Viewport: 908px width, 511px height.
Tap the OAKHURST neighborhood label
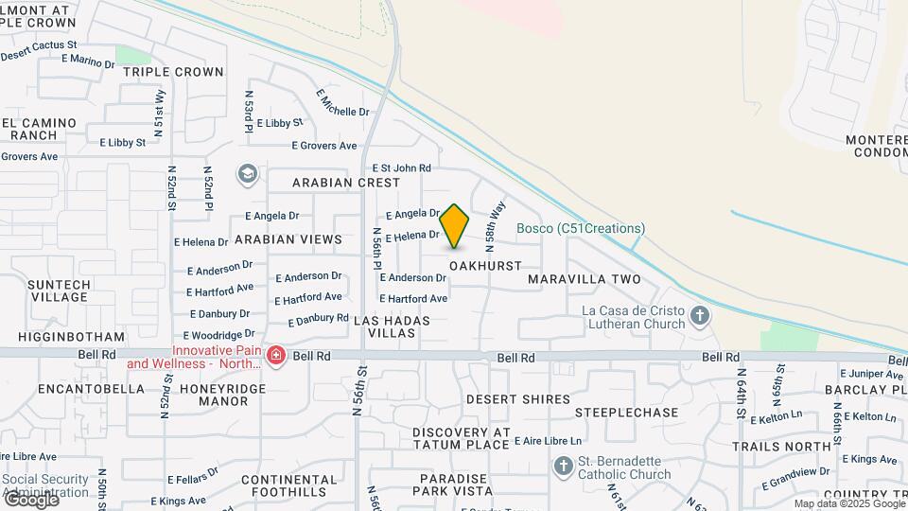tap(485, 267)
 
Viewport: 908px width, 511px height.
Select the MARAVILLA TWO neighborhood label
tap(584, 279)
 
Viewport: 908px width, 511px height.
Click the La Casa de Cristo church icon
tap(699, 316)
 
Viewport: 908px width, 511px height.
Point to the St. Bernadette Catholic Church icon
tap(564, 466)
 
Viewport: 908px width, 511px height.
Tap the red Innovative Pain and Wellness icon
tap(275, 356)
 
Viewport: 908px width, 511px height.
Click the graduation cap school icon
tap(248, 173)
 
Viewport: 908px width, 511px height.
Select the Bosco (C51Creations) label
tap(581, 229)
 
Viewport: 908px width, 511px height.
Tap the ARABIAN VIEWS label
tap(288, 240)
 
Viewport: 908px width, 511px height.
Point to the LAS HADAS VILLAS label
tap(392, 327)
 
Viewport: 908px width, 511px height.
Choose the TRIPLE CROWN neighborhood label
tap(173, 72)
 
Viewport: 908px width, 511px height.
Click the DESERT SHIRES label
tap(518, 400)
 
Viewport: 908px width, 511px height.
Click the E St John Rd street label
tap(401, 167)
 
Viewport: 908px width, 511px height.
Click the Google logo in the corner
tap(30, 500)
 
